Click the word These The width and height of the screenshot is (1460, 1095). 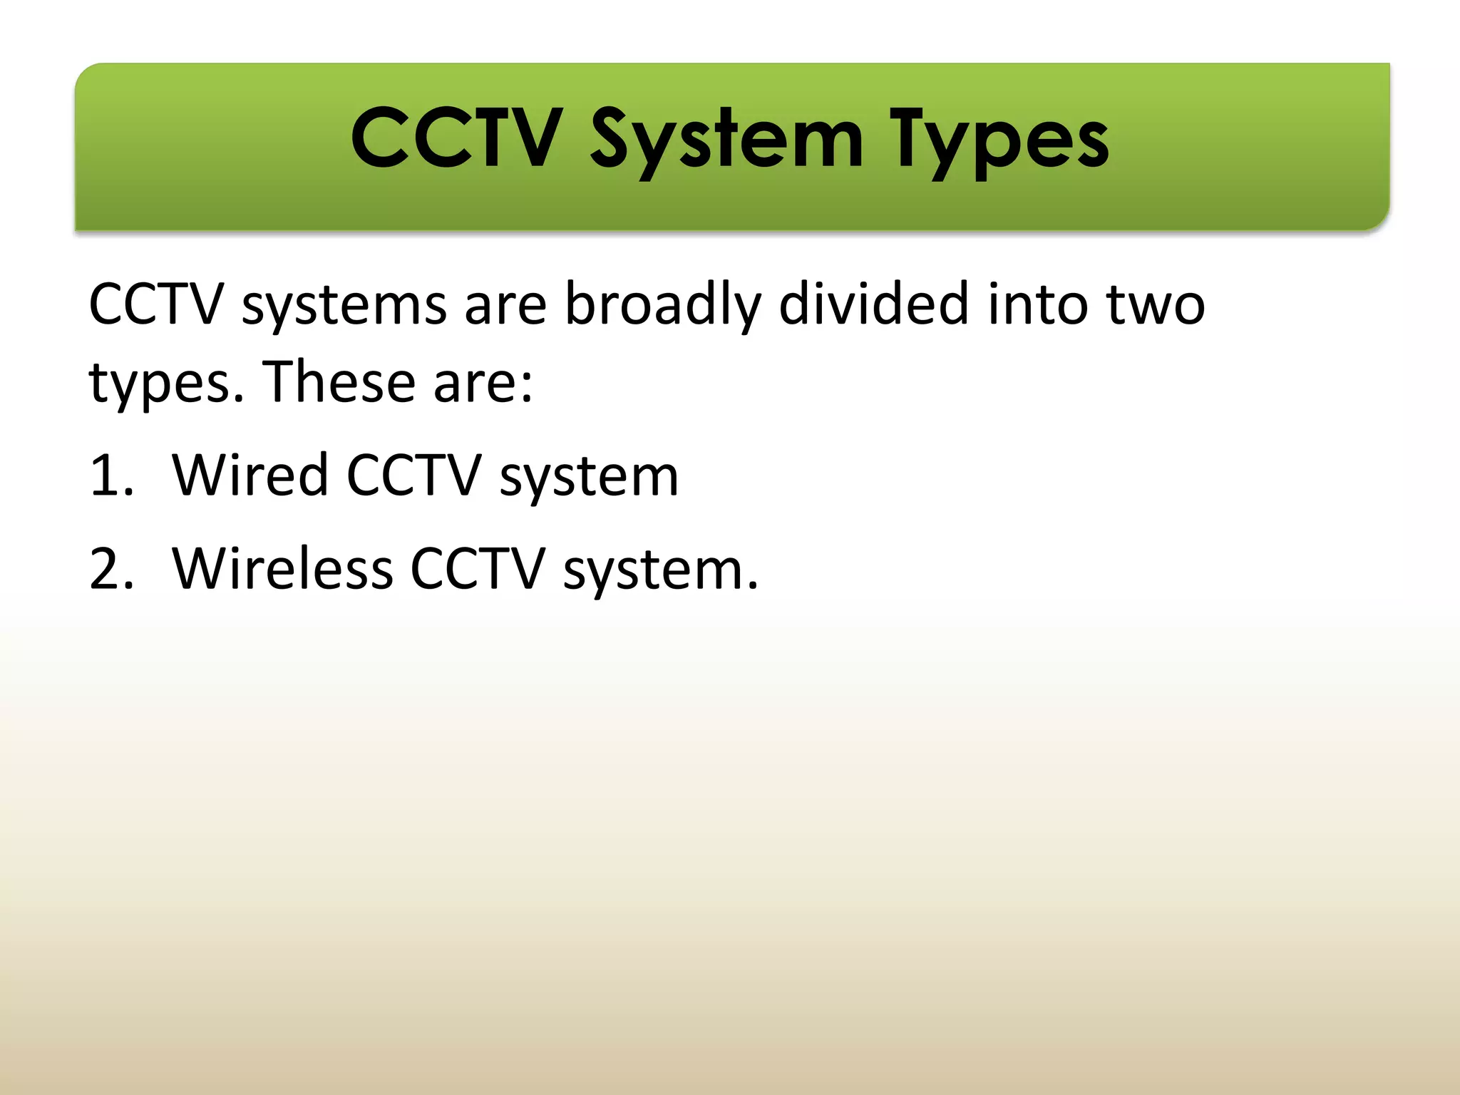pyautogui.click(x=339, y=382)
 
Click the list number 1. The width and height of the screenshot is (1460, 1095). pyautogui.click(x=110, y=475)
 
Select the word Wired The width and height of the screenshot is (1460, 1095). pyautogui.click(x=250, y=475)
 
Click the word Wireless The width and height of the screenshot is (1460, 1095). pyautogui.click(x=282, y=570)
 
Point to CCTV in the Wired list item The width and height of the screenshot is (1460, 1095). pyautogui.click(x=413, y=475)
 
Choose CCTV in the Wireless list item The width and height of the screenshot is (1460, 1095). pyautogui.click(x=478, y=570)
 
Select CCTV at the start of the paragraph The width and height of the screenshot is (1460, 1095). pyautogui.click(x=157, y=305)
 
